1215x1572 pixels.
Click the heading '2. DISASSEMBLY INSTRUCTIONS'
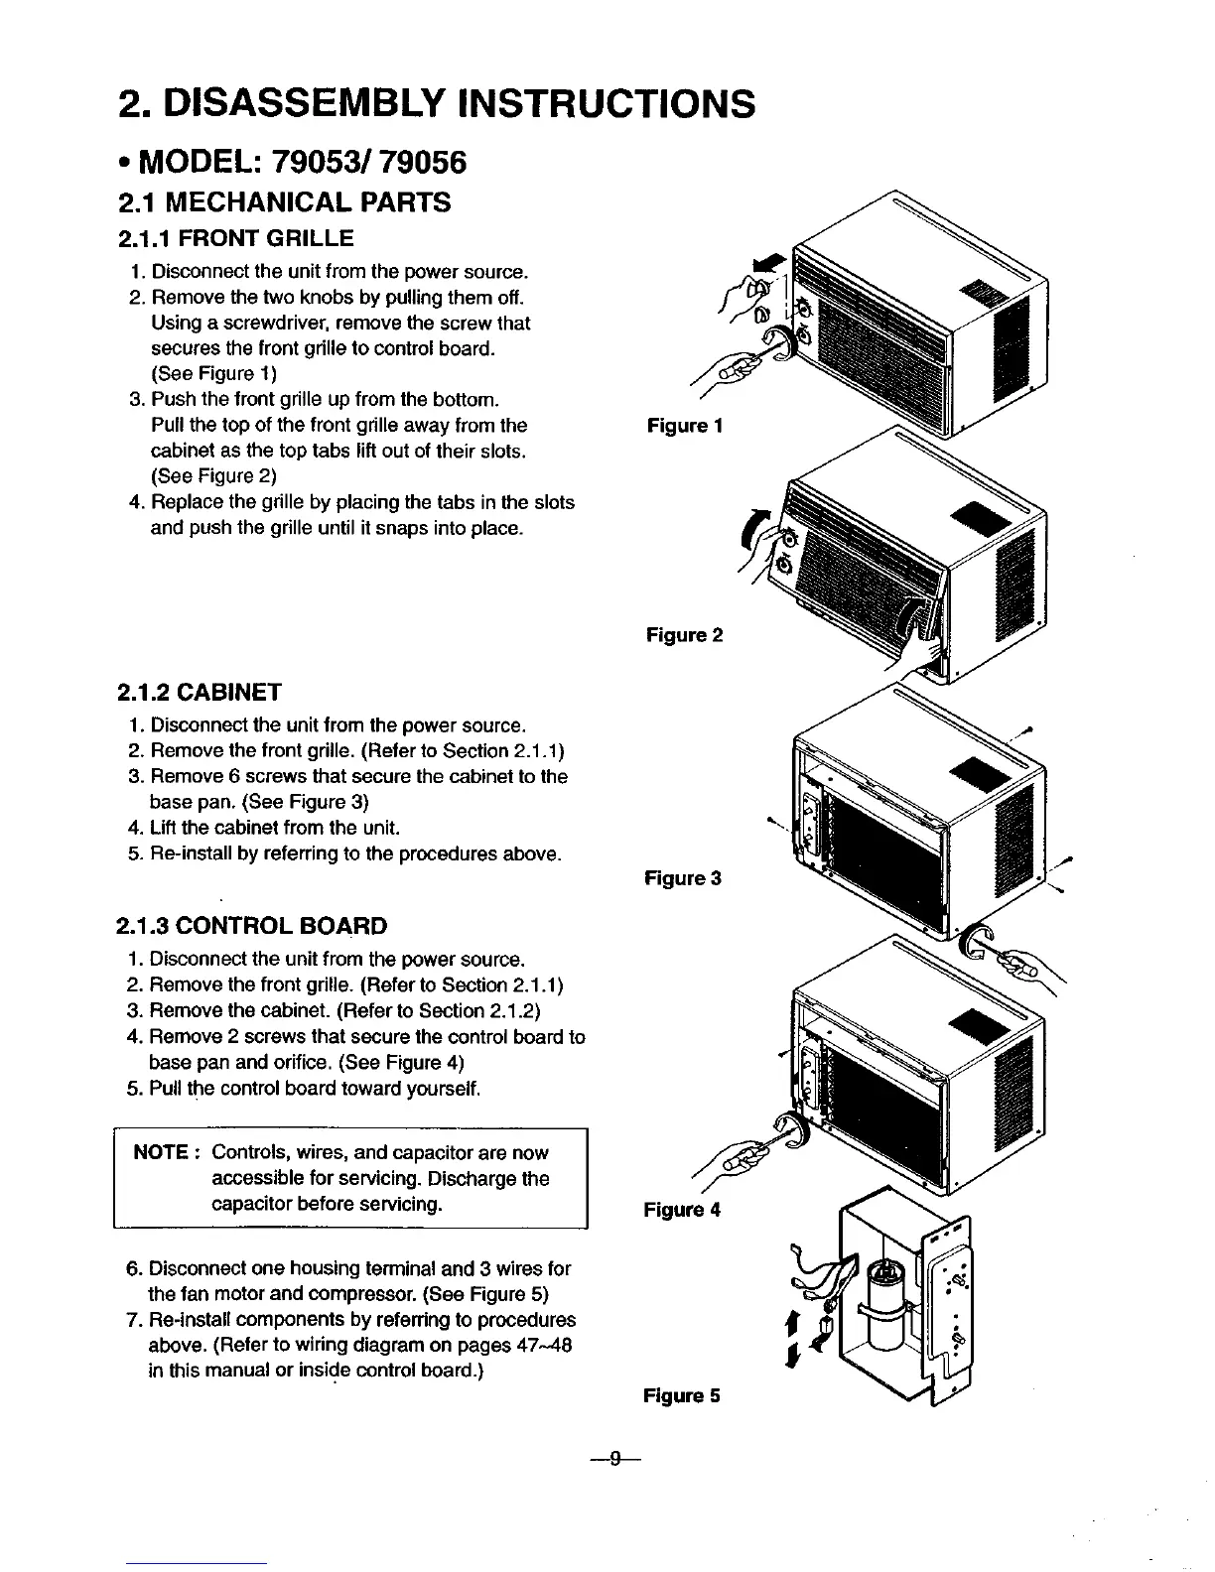(436, 102)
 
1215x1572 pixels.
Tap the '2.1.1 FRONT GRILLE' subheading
(235, 238)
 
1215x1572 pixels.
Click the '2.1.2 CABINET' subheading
(200, 691)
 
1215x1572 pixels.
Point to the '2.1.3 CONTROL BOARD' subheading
(252, 926)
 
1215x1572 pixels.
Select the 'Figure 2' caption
(684, 634)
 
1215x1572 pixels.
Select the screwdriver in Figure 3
(1015, 961)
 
